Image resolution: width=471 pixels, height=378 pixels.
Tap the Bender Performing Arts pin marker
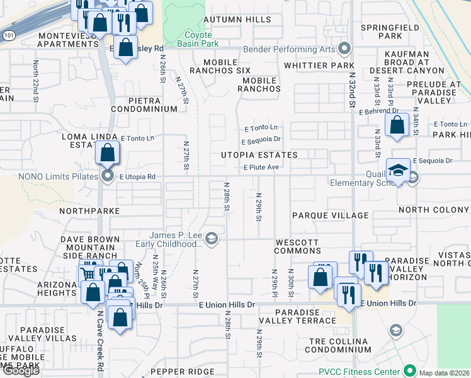coord(344,49)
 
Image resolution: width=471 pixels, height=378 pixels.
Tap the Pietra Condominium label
coord(144,105)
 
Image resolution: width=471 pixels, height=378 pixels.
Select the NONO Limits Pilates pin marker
coord(108,176)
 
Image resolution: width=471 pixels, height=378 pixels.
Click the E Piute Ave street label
coord(261,167)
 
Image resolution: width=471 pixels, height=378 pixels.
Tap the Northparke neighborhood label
coord(89,210)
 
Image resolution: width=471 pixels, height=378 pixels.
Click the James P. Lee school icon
coord(212,238)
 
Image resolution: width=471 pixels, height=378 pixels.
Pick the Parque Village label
coord(330,215)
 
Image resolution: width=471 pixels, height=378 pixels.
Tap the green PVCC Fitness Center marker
coord(410,370)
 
